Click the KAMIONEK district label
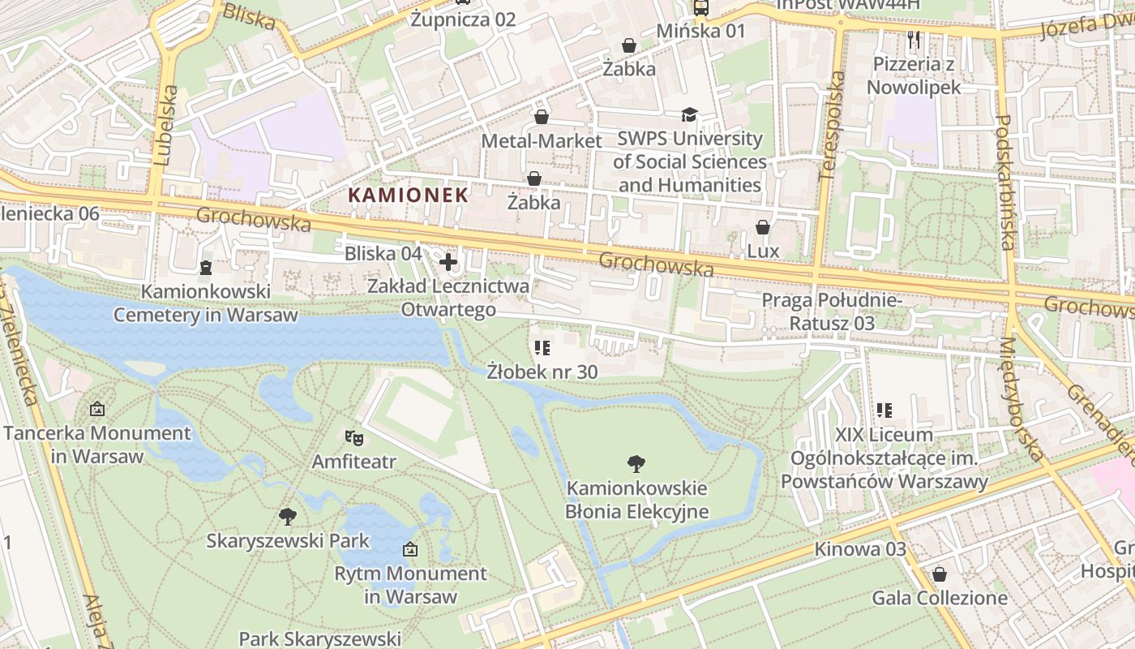click(409, 195)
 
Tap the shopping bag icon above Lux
click(762, 227)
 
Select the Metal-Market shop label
click(542, 141)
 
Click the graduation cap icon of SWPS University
click(689, 115)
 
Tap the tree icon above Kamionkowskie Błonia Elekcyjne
click(636, 464)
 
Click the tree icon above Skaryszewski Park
click(287, 516)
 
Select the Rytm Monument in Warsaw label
click(410, 585)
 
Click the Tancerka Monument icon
click(97, 409)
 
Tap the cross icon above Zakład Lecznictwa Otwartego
click(448, 262)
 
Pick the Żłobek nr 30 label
click(542, 372)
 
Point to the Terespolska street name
click(832, 126)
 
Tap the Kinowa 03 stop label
click(860, 549)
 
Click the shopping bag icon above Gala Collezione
click(940, 574)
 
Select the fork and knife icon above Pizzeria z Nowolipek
click(914, 38)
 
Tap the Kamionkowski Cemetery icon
click(205, 267)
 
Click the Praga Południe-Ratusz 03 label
click(832, 312)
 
